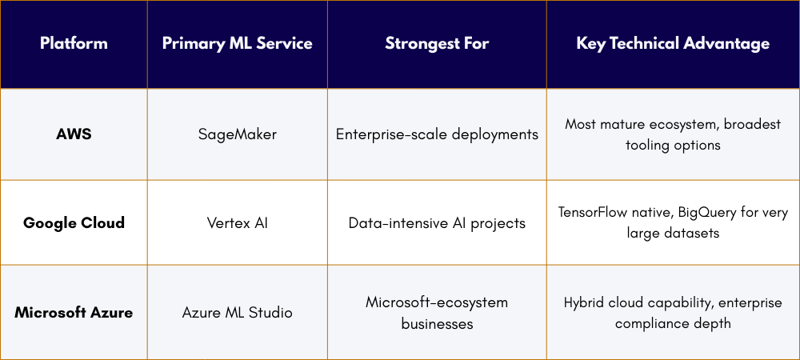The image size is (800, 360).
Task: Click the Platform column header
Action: tap(74, 44)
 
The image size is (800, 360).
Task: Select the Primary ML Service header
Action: tap(237, 44)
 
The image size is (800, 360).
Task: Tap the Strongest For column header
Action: tap(437, 44)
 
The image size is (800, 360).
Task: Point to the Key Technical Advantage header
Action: tap(673, 44)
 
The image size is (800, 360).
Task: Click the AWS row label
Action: tap(74, 134)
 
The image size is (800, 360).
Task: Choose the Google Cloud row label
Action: tap(74, 222)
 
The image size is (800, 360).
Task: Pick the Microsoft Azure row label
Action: tap(74, 312)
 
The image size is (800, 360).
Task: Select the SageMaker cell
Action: tap(237, 134)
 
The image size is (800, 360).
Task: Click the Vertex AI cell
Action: tap(237, 222)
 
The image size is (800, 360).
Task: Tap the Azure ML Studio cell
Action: tap(237, 312)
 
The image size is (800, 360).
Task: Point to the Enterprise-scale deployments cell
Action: tap(437, 134)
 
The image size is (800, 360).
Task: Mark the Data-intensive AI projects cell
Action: tap(437, 222)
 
